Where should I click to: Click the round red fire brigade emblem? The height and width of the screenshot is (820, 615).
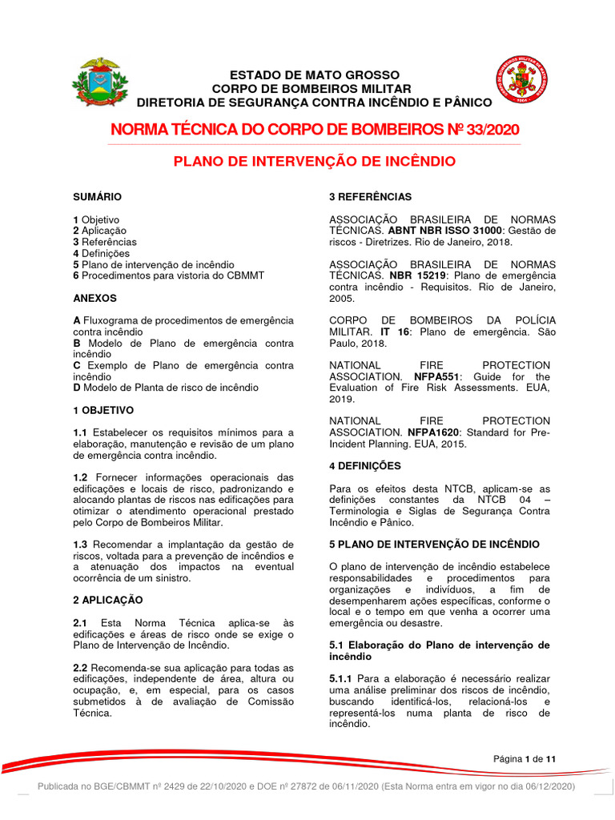(521, 82)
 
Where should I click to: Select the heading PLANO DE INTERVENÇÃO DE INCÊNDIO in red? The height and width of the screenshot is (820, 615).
(315, 162)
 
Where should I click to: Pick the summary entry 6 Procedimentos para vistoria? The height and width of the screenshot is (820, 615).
(168, 275)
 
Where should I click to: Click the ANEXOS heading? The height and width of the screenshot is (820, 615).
(94, 298)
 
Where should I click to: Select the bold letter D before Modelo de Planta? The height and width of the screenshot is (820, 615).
(76, 388)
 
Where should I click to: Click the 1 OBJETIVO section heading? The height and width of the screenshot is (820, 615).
(103, 410)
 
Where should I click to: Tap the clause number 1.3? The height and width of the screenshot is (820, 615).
(80, 545)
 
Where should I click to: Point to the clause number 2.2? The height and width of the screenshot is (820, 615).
(80, 668)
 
